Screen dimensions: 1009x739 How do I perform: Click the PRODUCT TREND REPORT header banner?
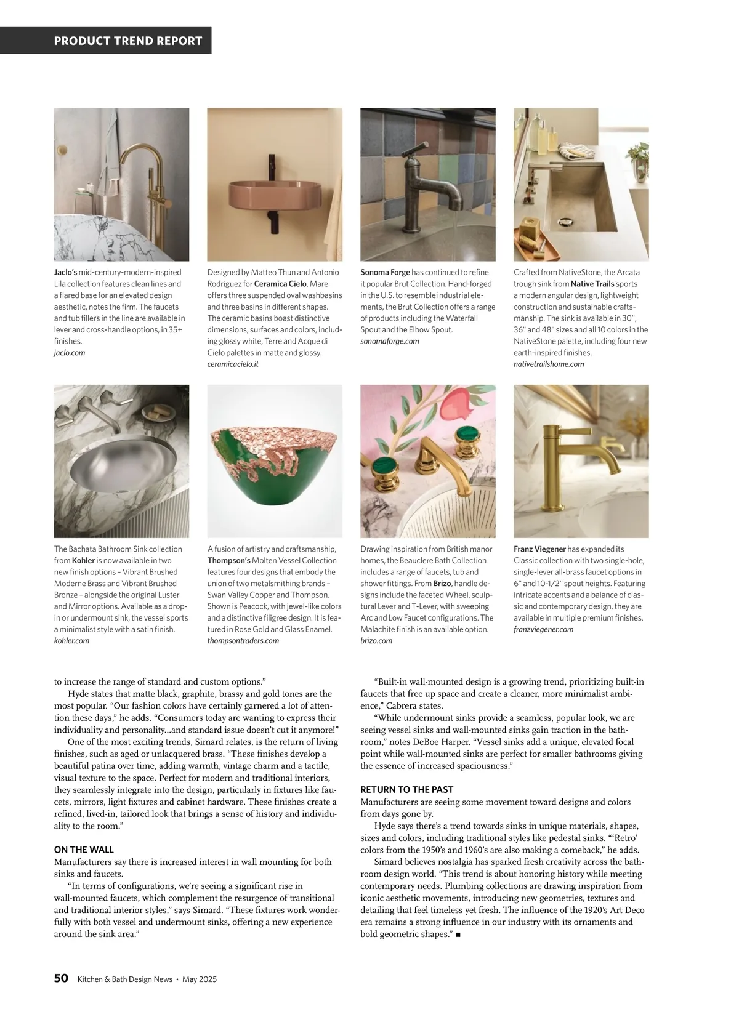tap(128, 41)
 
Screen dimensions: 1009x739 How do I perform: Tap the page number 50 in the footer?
tap(60, 979)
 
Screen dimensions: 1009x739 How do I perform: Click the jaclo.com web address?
tap(70, 353)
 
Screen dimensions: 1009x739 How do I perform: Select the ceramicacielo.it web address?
tap(233, 364)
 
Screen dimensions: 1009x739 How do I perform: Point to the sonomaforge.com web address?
tap(389, 341)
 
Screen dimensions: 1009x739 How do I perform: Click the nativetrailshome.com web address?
tap(549, 364)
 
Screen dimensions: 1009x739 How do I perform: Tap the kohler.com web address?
tap(71, 641)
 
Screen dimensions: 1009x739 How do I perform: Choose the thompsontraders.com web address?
tap(243, 641)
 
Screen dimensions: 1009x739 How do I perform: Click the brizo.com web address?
tap(376, 641)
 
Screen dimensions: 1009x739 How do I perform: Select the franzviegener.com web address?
tap(543, 629)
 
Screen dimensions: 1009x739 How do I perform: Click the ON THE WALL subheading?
tap(84, 850)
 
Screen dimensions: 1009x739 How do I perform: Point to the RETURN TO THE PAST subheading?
tap(406, 789)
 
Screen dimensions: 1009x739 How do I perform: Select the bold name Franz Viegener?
tap(539, 549)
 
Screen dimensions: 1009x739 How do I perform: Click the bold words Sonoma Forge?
tap(385, 272)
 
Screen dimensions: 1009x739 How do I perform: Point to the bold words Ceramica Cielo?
tap(280, 284)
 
